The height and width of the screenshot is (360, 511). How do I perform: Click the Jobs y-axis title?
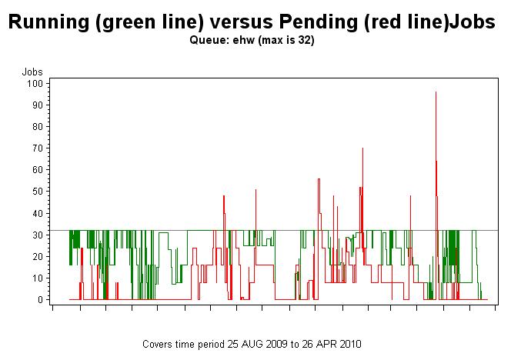click(32, 72)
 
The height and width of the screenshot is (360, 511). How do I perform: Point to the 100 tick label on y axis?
click(35, 83)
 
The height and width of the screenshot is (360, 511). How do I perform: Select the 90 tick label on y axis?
click(37, 105)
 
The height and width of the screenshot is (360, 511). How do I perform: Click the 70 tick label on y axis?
click(37, 148)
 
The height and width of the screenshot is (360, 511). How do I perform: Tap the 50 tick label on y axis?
click(37, 191)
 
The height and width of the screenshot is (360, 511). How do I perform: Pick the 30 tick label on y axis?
click(37, 235)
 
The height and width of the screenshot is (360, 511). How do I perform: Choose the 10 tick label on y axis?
click(37, 278)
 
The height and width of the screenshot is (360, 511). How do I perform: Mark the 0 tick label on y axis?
click(39, 299)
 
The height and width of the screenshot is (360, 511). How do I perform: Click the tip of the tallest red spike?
click(436, 92)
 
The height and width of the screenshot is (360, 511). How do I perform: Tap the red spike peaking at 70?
click(362, 148)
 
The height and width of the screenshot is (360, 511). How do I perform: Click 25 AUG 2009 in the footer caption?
click(255, 344)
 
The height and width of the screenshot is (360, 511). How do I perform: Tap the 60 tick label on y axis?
click(37, 169)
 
